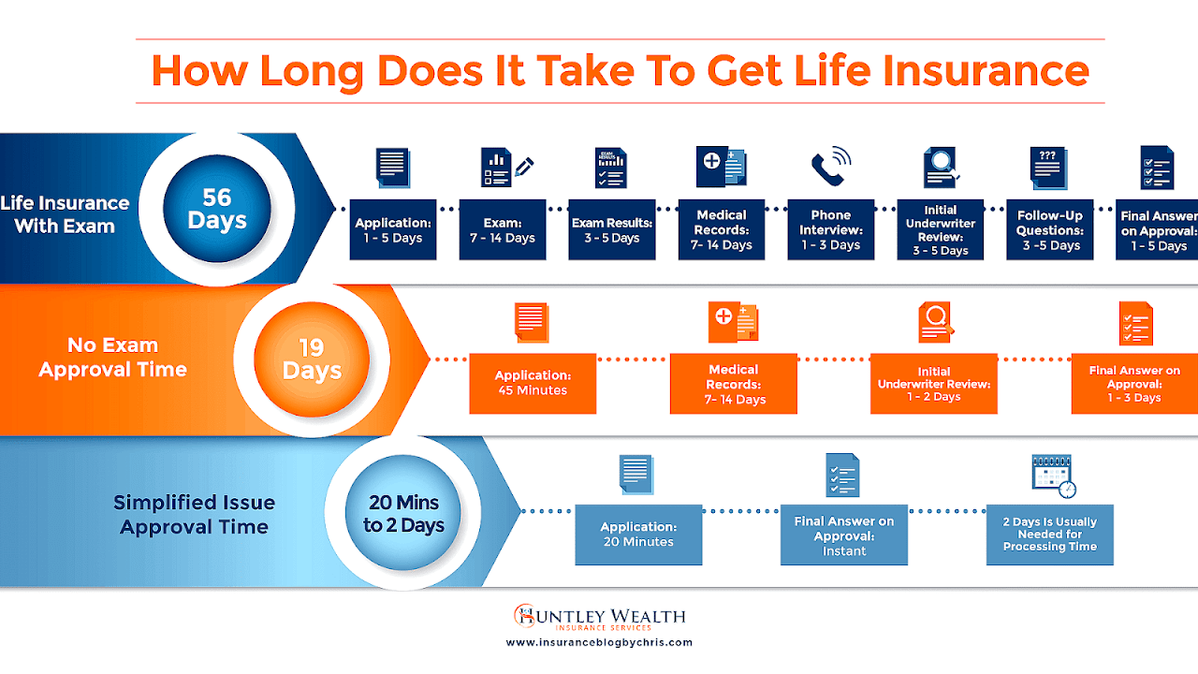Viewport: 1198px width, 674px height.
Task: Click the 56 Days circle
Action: pos(217,209)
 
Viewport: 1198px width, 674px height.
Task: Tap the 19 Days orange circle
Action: pos(313,360)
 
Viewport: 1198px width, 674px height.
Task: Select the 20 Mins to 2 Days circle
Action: pos(404,514)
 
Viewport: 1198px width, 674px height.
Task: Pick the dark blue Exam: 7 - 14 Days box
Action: pos(503,229)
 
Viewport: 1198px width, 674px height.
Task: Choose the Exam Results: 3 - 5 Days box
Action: pos(613,229)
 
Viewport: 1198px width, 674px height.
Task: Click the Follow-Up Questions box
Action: pos(1049,229)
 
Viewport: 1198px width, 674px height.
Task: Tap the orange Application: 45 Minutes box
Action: pos(533,383)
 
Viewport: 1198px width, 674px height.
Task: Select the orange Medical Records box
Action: pos(734,383)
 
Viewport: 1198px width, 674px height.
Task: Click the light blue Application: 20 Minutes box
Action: pos(638,535)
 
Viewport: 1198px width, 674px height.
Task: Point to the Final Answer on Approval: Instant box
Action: pos(844,535)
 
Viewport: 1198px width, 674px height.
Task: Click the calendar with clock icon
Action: pos(1053,476)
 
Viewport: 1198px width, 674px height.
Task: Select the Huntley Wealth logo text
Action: pos(599,617)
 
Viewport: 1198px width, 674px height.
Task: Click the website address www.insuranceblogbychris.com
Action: pos(599,642)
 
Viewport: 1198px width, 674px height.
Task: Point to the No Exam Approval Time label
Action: pos(112,358)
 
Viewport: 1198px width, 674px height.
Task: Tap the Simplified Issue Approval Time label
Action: pos(194,514)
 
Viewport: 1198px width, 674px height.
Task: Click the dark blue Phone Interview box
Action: pos(830,229)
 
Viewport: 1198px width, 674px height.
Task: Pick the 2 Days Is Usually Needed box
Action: pos(1050,535)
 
